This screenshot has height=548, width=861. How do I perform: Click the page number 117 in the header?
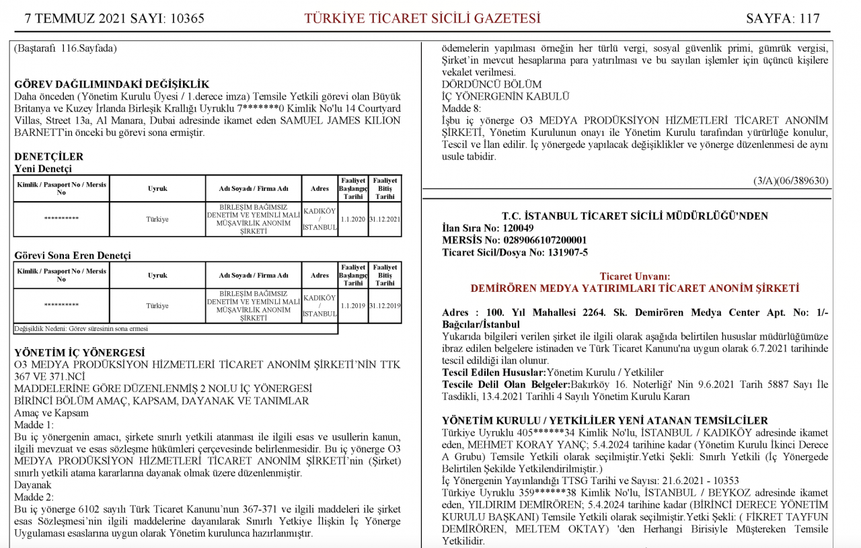tap(809, 18)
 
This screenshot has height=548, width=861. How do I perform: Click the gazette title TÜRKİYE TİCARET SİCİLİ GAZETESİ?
tap(422, 18)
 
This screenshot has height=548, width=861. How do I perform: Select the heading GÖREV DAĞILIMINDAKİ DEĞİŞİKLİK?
tap(112, 85)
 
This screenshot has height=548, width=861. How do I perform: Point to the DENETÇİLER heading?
tap(49, 157)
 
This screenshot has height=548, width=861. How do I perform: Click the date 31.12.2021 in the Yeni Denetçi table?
tap(385, 219)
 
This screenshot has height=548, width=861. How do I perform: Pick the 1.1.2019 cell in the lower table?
tap(353, 305)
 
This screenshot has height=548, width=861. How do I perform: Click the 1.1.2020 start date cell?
tap(353, 219)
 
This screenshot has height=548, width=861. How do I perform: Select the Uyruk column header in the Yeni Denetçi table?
tap(157, 189)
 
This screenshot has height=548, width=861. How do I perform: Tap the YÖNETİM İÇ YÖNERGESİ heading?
tap(79, 353)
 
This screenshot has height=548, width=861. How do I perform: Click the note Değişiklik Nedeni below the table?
tap(81, 329)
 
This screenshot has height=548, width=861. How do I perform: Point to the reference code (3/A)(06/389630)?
tap(791, 181)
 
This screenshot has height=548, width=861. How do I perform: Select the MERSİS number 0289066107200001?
tap(544, 241)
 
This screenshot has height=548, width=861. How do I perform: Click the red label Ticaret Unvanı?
tap(634, 276)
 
